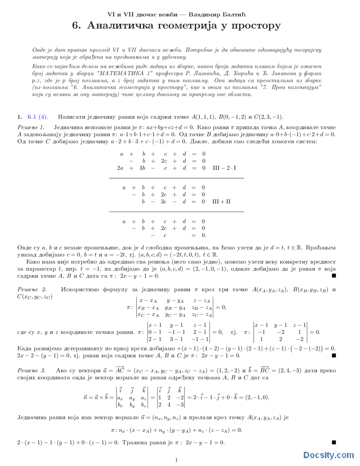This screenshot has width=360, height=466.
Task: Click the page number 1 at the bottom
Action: pos(176,460)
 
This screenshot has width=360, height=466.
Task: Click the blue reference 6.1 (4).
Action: pos(38,117)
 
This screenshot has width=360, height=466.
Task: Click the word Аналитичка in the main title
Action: pos(120,26)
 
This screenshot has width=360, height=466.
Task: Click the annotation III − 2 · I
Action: pos(224,168)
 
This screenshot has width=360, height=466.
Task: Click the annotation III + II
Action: pos(221,201)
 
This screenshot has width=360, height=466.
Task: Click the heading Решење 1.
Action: pos(31,127)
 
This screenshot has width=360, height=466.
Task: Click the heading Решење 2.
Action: pos(32,289)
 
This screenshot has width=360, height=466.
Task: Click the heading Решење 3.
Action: pos(31,370)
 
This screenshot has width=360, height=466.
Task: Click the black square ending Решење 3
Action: pos(334,442)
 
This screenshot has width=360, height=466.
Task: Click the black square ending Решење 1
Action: pos(334,276)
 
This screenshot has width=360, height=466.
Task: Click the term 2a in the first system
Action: pos(120,168)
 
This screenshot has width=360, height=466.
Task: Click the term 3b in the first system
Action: pos(142,168)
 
